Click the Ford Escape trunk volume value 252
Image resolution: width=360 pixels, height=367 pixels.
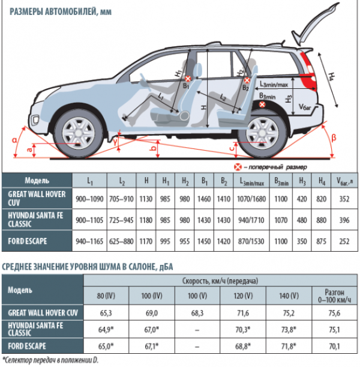tap(344, 241)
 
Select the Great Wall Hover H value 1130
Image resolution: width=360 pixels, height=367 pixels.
tap(146, 199)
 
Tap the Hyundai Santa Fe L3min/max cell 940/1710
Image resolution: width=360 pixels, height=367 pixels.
tap(251, 220)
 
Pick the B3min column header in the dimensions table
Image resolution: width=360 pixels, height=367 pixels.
tap(281, 181)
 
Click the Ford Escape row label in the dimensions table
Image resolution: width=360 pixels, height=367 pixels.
tap(28, 241)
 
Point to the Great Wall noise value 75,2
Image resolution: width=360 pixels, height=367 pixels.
tap(289, 313)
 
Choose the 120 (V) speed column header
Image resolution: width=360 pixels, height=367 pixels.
tap(243, 296)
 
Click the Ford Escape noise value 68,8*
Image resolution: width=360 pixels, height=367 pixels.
tap(243, 346)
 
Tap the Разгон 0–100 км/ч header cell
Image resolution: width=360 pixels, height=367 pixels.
tap(335, 296)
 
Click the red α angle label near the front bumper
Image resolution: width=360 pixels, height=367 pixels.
tap(15, 140)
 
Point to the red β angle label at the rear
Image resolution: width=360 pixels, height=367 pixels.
tap(334, 138)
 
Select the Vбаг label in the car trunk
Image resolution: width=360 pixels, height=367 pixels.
tap(305, 107)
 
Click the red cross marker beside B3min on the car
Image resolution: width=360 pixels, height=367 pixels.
tap(262, 105)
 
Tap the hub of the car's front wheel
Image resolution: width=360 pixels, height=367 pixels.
tap(79, 134)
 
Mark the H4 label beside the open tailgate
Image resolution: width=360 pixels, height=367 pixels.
tap(332, 77)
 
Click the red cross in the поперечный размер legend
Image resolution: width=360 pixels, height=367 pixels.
tap(238, 167)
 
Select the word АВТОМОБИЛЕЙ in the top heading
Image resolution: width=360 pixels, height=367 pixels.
tap(71, 11)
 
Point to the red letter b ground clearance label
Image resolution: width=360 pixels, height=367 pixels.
tap(154, 148)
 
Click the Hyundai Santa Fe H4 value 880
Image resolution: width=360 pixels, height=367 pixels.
tap(321, 220)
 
